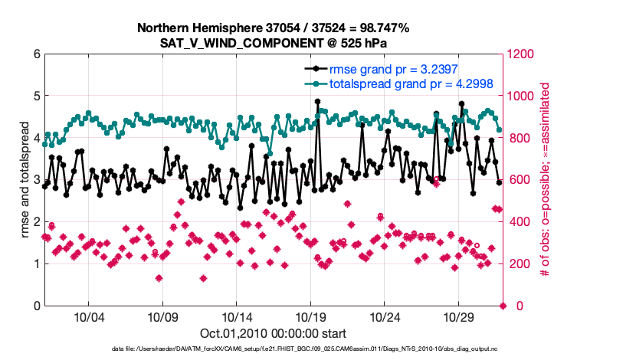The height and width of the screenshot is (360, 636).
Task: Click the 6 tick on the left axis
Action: (x=35, y=54)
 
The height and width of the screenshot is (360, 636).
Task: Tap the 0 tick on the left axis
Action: (x=35, y=306)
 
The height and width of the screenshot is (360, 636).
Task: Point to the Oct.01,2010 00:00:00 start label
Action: (x=273, y=333)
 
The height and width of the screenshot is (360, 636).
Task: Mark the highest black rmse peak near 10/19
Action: (x=317, y=101)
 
